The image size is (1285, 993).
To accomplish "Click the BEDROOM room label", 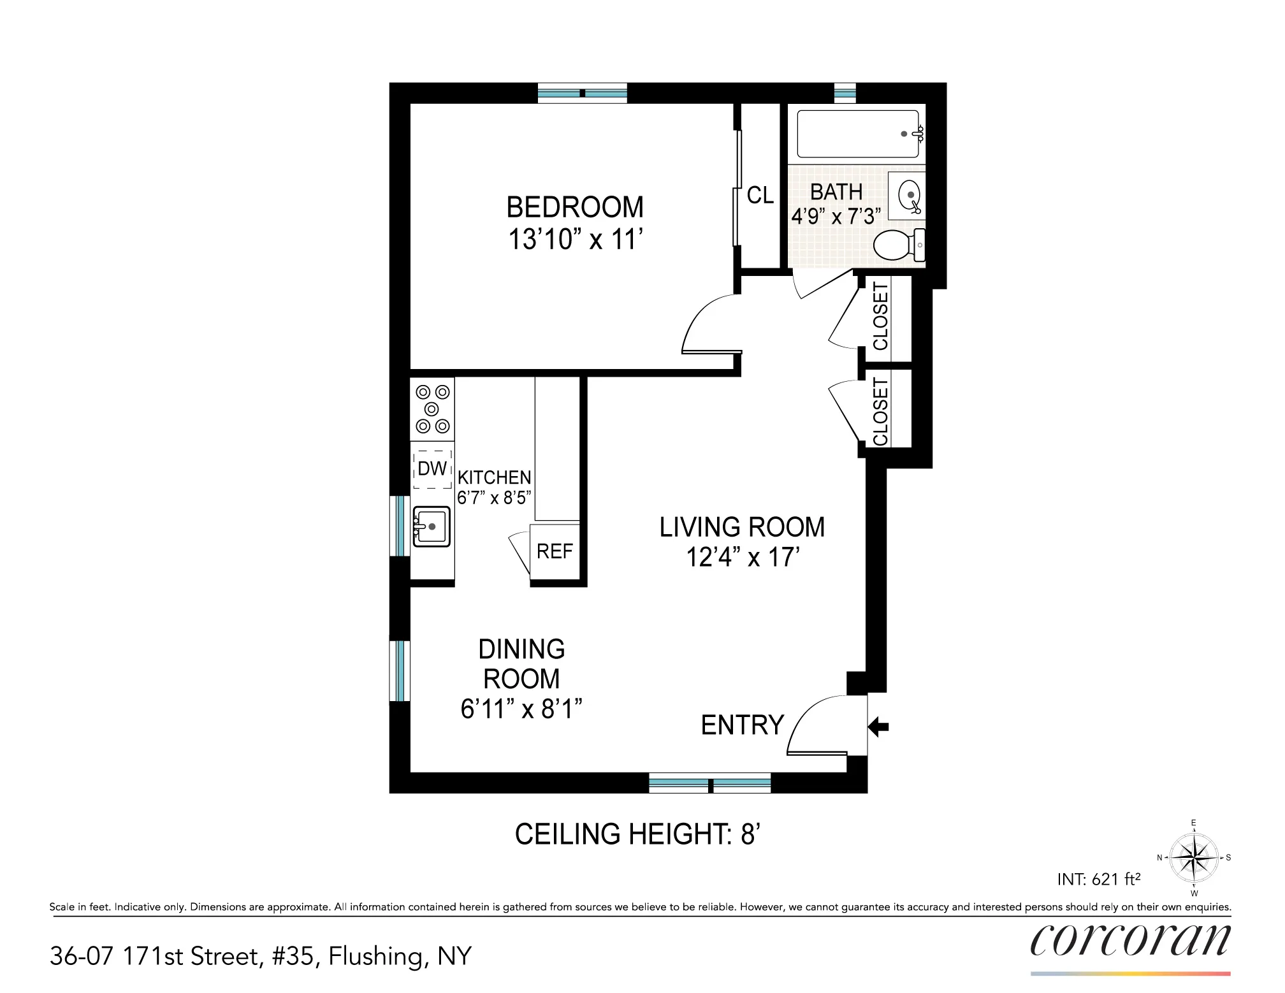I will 574,207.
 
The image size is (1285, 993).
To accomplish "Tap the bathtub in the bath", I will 857,134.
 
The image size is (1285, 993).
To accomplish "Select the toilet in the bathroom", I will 896,245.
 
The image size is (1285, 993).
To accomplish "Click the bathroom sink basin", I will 908,195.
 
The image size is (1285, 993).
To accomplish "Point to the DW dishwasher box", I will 432,468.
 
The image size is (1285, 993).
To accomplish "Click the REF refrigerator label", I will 555,551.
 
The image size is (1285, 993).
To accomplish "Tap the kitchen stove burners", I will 432,409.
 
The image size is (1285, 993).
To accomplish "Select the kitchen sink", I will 432,526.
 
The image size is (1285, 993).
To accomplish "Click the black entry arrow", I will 878,726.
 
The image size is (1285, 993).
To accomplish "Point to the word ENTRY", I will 742,725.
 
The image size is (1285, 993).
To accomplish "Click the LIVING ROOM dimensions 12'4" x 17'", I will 742,558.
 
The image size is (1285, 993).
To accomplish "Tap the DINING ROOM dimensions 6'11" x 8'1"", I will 521,709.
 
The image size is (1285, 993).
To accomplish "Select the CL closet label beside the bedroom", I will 760,195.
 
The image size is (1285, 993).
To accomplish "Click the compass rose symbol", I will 1194,858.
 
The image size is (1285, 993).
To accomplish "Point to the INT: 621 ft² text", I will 1098,880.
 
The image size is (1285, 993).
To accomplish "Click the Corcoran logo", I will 1130,941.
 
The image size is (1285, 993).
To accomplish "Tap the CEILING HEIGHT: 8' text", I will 637,834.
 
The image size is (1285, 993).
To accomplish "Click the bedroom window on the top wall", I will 582,94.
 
